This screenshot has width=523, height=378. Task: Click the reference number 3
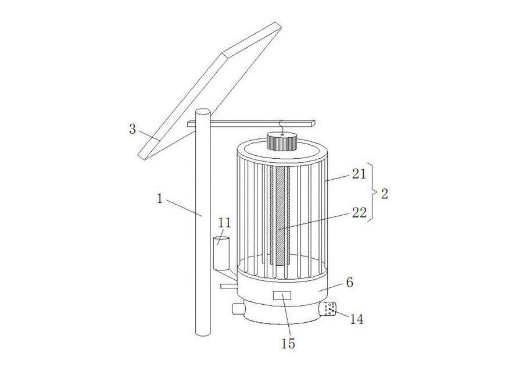pos(132,129)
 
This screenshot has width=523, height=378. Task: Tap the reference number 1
pos(160,199)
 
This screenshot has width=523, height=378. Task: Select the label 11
pos(224,223)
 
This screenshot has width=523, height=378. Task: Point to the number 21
pos(359,174)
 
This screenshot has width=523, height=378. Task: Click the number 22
pos(359,213)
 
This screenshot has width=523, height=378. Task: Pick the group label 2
pos(385,194)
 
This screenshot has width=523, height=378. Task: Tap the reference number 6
pos(349,283)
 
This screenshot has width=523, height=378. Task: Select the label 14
pos(356,319)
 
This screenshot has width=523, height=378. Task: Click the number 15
pos(288,344)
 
